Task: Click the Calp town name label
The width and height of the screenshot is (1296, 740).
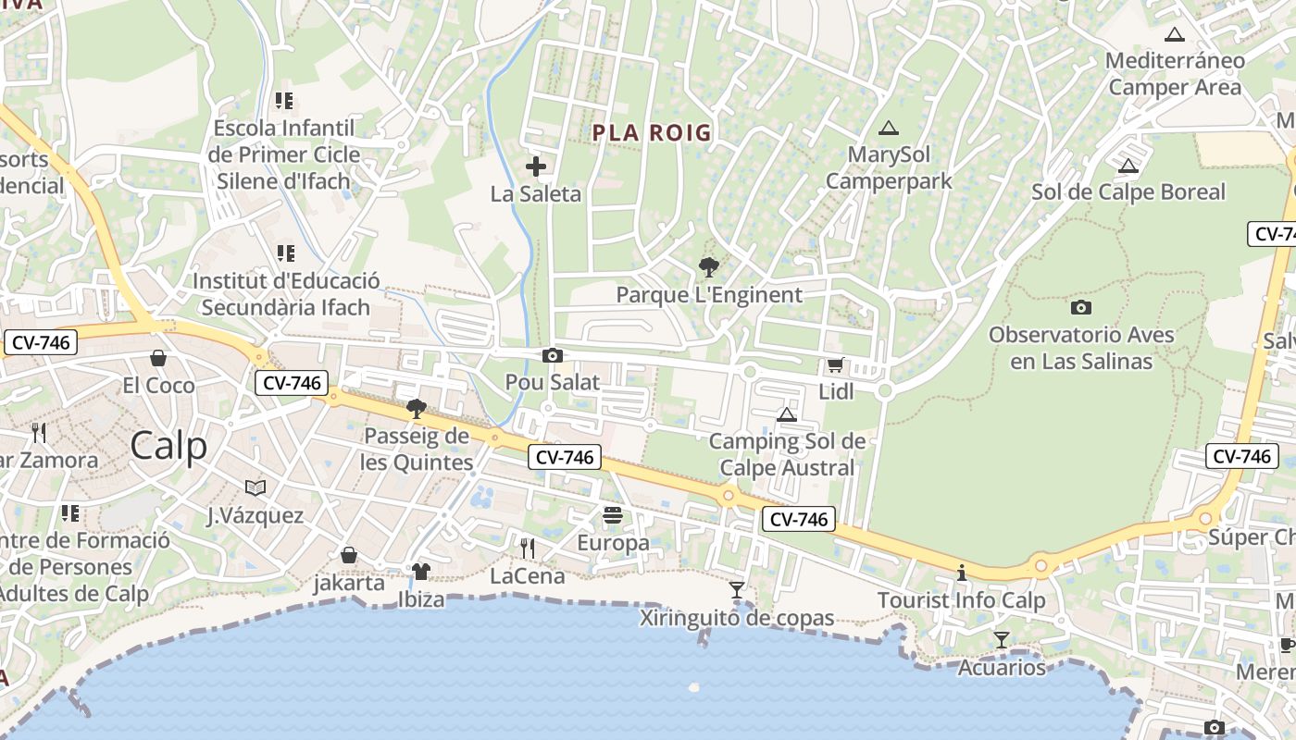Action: click(168, 446)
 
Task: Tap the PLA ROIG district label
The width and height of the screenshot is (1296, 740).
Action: click(652, 133)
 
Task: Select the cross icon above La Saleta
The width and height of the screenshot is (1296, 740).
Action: click(536, 166)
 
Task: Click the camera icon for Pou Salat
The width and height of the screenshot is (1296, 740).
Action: click(553, 355)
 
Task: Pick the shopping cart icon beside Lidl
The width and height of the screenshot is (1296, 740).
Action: click(835, 365)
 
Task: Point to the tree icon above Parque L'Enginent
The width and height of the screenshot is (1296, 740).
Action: click(709, 267)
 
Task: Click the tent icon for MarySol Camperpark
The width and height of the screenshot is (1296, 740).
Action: click(889, 128)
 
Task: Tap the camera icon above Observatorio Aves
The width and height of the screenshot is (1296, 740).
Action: click(1080, 307)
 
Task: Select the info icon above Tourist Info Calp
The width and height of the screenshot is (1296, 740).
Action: click(962, 573)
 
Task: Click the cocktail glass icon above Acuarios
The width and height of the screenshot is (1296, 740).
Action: click(1001, 639)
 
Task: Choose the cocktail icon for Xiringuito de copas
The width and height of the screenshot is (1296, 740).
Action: click(737, 589)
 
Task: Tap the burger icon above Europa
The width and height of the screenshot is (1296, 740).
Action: click(613, 515)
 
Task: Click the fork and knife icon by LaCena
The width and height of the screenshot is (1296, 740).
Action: click(528, 548)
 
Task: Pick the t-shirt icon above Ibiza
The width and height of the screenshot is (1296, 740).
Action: click(421, 572)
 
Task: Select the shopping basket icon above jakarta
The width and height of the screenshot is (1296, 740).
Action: click(349, 555)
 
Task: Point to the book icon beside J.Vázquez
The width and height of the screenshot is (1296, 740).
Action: click(255, 487)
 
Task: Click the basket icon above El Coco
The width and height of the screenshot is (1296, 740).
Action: click(158, 358)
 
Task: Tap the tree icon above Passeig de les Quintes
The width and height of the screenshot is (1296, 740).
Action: click(417, 408)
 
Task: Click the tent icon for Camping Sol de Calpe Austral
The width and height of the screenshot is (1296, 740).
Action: click(787, 414)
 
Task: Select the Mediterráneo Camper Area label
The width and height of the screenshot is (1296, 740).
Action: click(1175, 74)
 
